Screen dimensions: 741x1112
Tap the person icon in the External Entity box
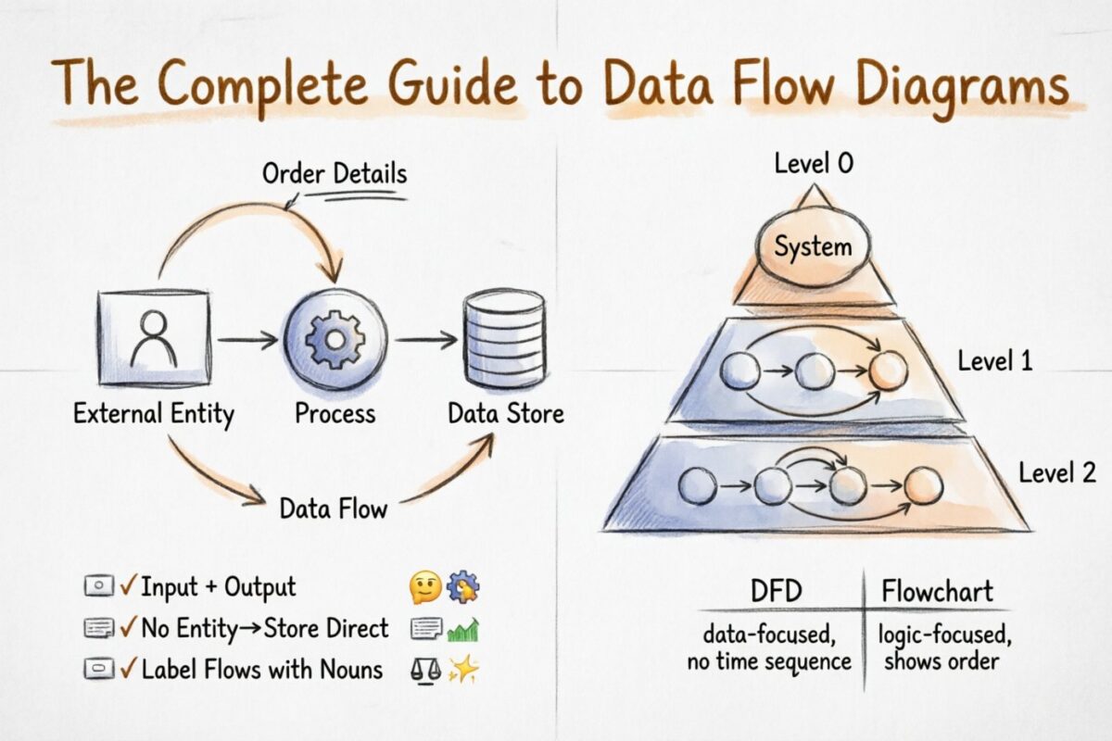[x=154, y=339]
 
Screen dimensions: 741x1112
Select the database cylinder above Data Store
[x=505, y=340]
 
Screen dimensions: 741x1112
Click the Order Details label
[x=335, y=173]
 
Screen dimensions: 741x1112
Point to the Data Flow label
[x=334, y=509]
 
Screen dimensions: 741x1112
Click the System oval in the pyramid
[x=813, y=247]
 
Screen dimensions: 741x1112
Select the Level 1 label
[x=995, y=360]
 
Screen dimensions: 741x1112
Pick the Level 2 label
[x=1057, y=473]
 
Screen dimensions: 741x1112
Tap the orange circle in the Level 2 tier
[x=923, y=485]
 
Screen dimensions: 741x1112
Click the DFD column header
[x=776, y=590]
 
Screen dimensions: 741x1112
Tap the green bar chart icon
[x=462, y=630]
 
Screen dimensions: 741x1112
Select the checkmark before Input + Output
[x=129, y=586]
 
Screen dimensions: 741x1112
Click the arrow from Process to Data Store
[x=427, y=340]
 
